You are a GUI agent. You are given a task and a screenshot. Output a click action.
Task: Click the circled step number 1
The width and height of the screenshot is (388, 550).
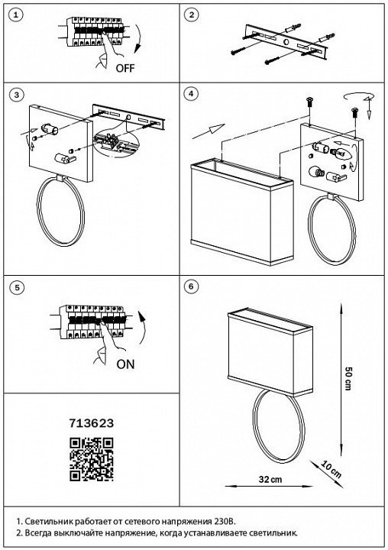16,15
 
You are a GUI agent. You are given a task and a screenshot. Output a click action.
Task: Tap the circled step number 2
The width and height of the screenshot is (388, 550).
191,15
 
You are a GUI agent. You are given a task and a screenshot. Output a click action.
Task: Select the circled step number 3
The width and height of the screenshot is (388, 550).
16,95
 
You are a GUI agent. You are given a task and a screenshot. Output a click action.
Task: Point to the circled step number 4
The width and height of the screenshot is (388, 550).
191,94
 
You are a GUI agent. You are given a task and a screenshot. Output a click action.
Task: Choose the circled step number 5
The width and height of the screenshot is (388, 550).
16,288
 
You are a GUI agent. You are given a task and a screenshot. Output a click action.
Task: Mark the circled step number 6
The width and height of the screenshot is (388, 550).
191,286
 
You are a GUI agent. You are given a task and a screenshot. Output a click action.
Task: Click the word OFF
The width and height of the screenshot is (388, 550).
125,68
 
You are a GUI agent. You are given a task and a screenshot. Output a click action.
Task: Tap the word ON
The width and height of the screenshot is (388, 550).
125,364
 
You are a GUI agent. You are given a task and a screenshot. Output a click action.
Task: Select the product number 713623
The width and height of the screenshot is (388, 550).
91,423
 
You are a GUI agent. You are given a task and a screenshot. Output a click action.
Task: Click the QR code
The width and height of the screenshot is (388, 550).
91,459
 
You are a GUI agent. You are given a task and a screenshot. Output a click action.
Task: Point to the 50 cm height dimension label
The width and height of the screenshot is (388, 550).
348,378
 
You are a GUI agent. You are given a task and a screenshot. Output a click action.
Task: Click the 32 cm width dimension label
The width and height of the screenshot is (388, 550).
270,479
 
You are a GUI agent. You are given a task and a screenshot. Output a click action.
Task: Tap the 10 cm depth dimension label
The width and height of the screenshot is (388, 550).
331,470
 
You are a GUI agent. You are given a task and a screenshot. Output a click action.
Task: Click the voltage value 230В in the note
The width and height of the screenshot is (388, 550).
225,521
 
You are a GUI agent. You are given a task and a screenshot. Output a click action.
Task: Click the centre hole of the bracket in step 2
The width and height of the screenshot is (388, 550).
286,43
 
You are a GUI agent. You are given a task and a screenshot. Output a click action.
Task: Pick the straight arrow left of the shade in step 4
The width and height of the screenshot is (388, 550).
209,132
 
